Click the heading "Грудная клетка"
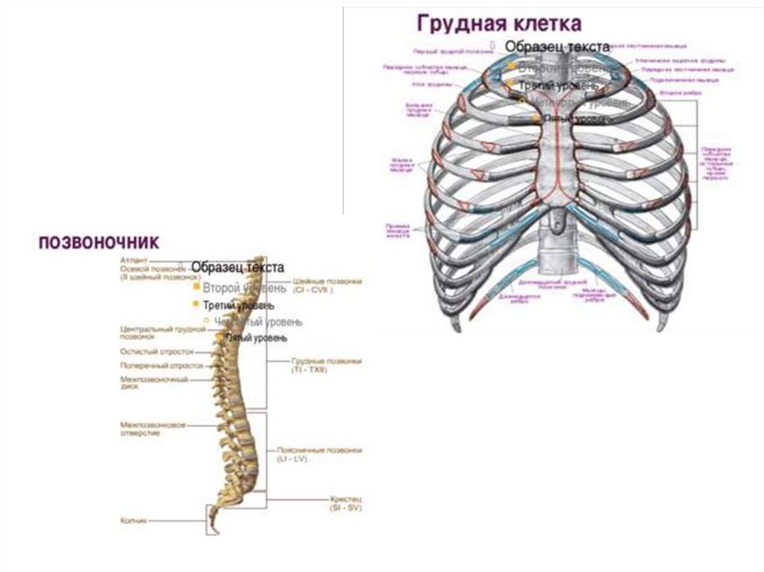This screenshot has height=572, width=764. (x=499, y=23)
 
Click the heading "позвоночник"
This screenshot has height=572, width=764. (x=98, y=242)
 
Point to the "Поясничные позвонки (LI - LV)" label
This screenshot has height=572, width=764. (x=319, y=454)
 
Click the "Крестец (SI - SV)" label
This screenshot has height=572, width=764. (x=345, y=500)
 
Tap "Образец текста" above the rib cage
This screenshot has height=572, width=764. (x=557, y=46)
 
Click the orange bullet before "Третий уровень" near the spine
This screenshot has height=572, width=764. (x=196, y=304)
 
